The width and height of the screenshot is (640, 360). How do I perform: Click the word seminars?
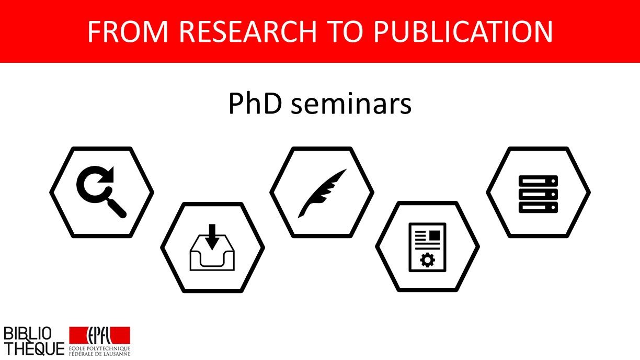pyautogui.click(x=351, y=104)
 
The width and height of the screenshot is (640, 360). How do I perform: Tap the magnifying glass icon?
pyautogui.click(x=101, y=192)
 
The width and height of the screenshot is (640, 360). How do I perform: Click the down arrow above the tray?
pyautogui.click(x=212, y=235)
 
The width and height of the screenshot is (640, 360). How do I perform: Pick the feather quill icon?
pyautogui.click(x=322, y=192)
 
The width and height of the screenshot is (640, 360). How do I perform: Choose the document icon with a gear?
pyautogui.click(x=427, y=247)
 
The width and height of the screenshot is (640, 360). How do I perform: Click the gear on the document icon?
pyautogui.click(x=427, y=260)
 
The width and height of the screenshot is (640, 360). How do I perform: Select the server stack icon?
pyautogui.click(x=538, y=194)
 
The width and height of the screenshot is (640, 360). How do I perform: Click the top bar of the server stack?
pyautogui.click(x=538, y=181)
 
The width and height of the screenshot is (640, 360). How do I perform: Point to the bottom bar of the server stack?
pyautogui.click(x=538, y=207)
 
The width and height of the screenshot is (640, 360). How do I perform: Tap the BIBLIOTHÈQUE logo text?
pyautogui.click(x=33, y=341)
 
